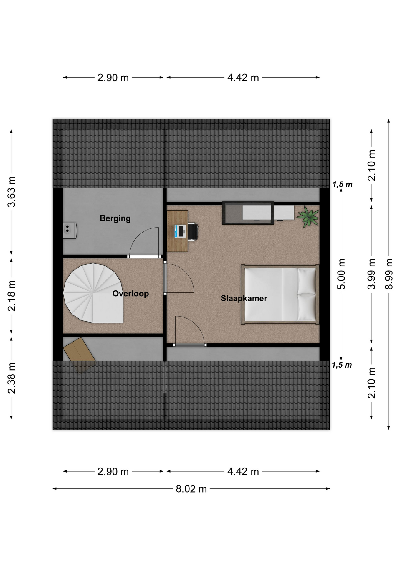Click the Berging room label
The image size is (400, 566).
(x=115, y=218)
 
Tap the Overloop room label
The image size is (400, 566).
(x=130, y=294)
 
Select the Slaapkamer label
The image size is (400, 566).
(x=244, y=298)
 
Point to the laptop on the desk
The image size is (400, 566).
(x=180, y=231)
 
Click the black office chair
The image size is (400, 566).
(x=193, y=232)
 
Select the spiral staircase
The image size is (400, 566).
(x=93, y=293)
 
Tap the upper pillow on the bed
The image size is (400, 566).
(x=306, y=281)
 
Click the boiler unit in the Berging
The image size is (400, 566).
(x=70, y=231)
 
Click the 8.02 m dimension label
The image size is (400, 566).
(x=191, y=489)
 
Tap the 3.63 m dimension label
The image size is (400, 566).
(x=11, y=192)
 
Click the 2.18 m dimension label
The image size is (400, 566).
(x=11, y=296)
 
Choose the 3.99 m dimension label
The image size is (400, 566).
(x=371, y=274)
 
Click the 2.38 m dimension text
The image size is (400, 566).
(x=11, y=378)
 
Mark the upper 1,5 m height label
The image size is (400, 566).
(x=342, y=185)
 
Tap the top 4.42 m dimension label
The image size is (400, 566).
(x=243, y=78)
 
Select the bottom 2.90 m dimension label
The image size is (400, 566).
(x=113, y=472)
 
